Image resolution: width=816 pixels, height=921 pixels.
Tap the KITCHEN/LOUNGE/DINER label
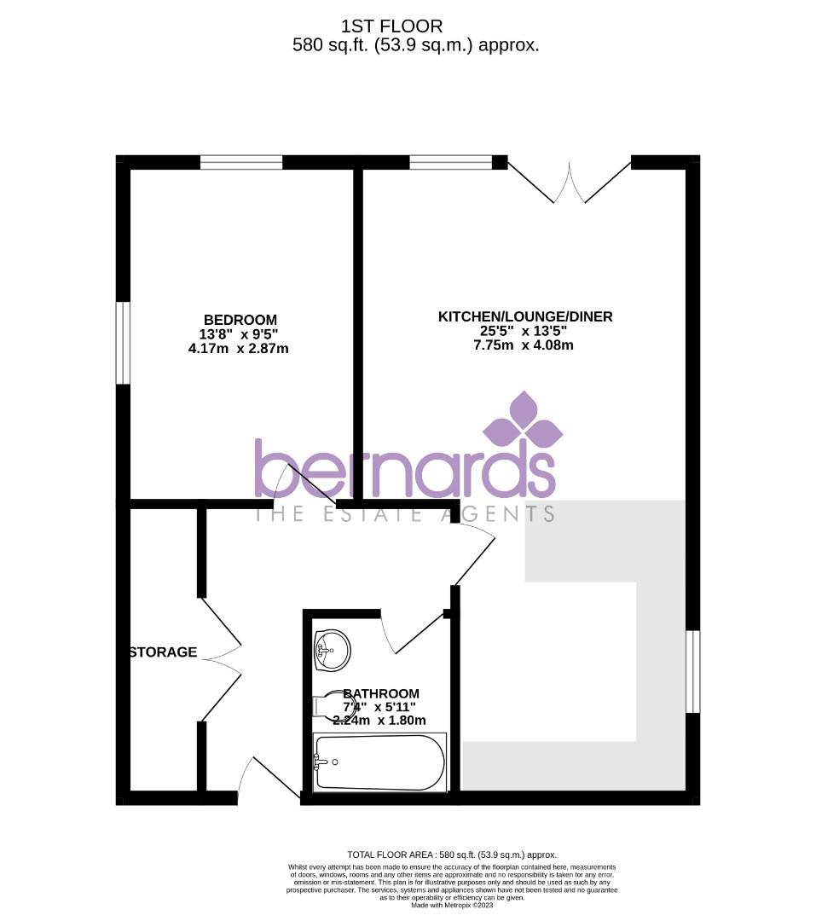(x=525, y=317)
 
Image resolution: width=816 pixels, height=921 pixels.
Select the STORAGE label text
(x=163, y=652)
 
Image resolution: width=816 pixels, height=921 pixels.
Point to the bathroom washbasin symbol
(x=332, y=651)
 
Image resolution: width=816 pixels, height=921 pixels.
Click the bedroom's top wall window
(x=241, y=162)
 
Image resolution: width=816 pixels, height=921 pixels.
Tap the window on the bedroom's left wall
(x=124, y=343)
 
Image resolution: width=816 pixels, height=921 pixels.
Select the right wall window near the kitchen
(x=692, y=671)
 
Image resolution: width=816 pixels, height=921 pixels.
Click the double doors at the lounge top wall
(x=570, y=180)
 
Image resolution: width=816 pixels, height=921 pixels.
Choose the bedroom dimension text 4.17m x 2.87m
(x=239, y=348)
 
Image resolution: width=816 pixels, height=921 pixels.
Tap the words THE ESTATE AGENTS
(x=406, y=513)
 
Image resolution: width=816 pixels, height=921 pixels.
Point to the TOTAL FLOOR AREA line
(x=452, y=854)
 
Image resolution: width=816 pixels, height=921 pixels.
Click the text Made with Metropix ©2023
(x=452, y=904)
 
